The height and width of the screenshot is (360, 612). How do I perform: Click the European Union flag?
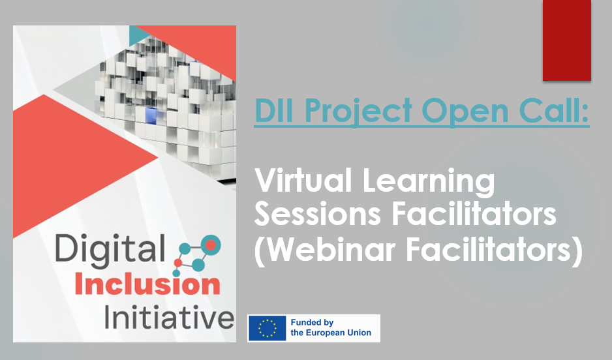point(268,328)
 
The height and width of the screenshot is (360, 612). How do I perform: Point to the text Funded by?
point(312,323)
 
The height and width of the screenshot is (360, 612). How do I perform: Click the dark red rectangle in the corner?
point(566,40)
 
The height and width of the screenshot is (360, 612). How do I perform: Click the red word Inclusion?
point(147,285)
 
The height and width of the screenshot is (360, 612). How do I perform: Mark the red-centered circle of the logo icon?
point(210,244)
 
